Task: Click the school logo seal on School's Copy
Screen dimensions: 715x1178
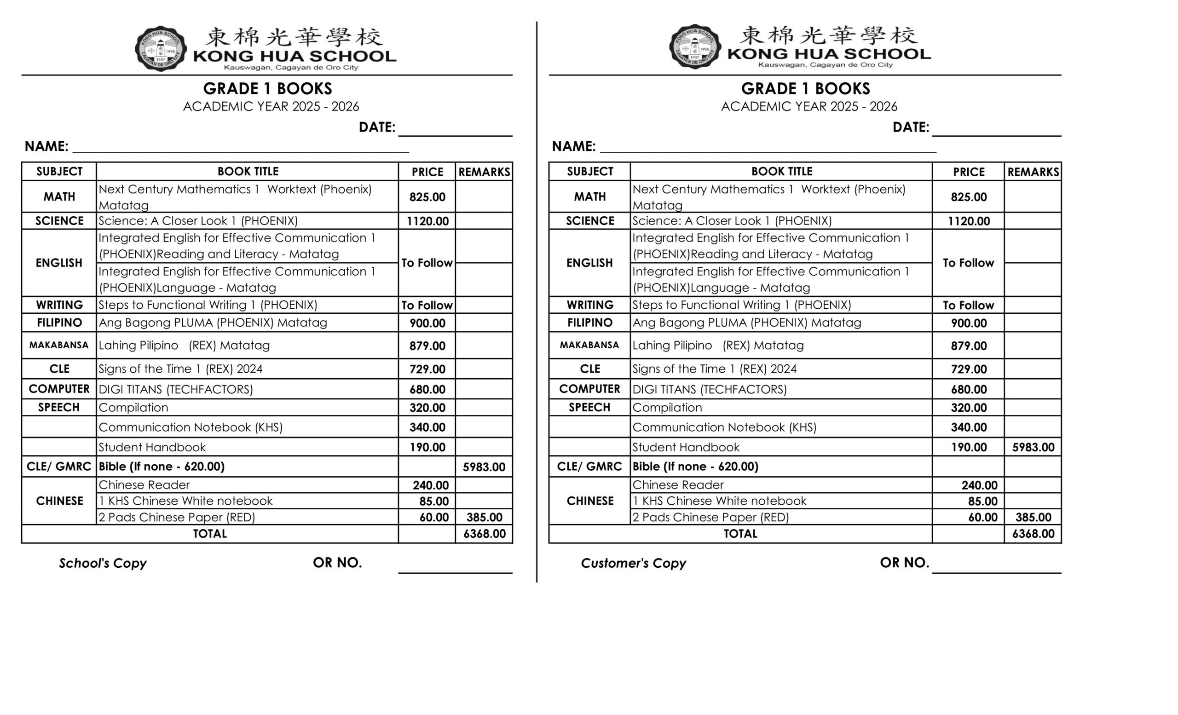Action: (160, 49)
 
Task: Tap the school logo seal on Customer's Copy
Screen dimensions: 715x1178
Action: (695, 47)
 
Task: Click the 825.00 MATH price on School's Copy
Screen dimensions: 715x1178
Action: (427, 197)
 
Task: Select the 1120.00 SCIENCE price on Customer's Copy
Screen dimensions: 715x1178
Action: (968, 221)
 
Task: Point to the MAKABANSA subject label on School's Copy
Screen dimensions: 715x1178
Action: (59, 345)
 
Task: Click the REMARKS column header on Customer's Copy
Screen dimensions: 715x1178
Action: (1033, 172)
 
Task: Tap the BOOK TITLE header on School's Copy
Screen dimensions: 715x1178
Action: (248, 171)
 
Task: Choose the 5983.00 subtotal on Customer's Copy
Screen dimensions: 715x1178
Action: (1033, 447)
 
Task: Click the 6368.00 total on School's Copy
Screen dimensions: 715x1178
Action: (484, 534)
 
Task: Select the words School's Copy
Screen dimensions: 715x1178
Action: (102, 563)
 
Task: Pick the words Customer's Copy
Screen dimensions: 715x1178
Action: (633, 563)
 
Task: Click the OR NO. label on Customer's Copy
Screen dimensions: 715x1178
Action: (904, 563)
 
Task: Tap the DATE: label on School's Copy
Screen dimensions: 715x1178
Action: (377, 127)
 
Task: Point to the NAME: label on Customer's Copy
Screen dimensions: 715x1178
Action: (573, 146)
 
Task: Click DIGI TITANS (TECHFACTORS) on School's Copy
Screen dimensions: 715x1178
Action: (175, 390)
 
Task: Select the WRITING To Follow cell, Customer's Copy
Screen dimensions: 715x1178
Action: (968, 306)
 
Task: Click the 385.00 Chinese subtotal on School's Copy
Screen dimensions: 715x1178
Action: (484, 517)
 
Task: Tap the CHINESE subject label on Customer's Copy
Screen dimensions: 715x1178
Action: (589, 501)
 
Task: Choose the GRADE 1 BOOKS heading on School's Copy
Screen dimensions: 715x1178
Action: (267, 88)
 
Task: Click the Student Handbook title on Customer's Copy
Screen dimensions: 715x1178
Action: (686, 447)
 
